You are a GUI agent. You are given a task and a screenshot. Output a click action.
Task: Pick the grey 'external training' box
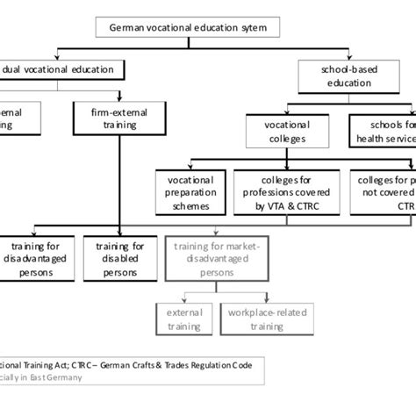[x=183, y=317]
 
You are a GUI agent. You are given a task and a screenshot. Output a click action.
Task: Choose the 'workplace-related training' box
[x=261, y=317]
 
